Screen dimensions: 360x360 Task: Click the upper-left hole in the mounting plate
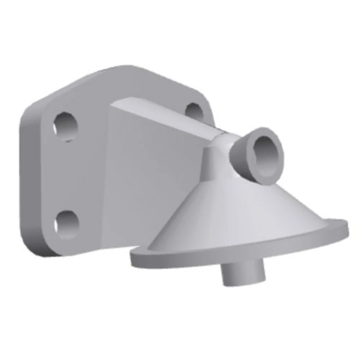(x=66, y=125)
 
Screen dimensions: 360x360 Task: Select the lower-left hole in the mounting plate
(x=67, y=223)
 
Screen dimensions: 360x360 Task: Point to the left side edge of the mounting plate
(x=25, y=180)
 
